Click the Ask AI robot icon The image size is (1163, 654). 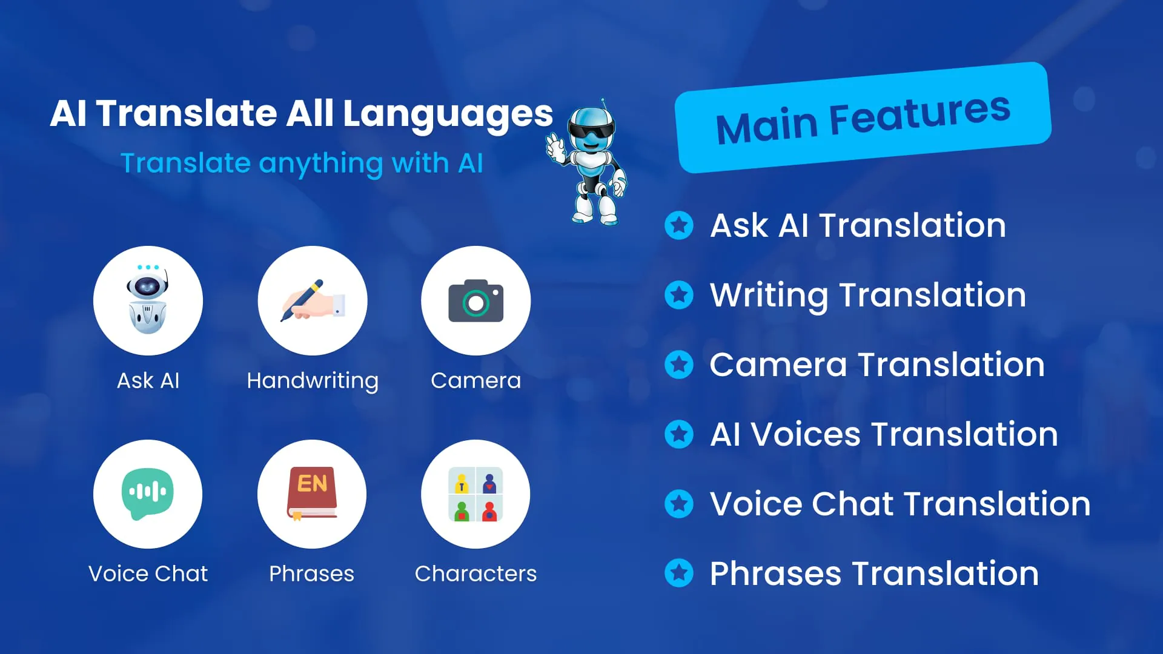click(x=148, y=299)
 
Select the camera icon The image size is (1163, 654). click(x=475, y=300)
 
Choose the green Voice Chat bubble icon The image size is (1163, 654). click(x=148, y=494)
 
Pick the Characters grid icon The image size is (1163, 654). click(x=475, y=494)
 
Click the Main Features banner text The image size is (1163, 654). click(x=863, y=119)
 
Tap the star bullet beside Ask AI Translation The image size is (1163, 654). click(x=679, y=225)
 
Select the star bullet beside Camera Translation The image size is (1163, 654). click(x=679, y=365)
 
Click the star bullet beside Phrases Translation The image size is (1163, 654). click(x=679, y=573)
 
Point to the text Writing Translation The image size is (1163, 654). click(x=868, y=296)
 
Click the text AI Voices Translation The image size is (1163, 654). click(x=884, y=434)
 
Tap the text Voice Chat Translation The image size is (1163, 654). click(x=900, y=504)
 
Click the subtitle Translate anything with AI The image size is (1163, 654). click(x=302, y=163)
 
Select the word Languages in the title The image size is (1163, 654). click(x=448, y=114)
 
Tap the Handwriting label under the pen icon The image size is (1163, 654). click(x=313, y=381)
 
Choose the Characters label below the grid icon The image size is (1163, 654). click(x=475, y=573)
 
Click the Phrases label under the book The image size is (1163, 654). click(x=311, y=573)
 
